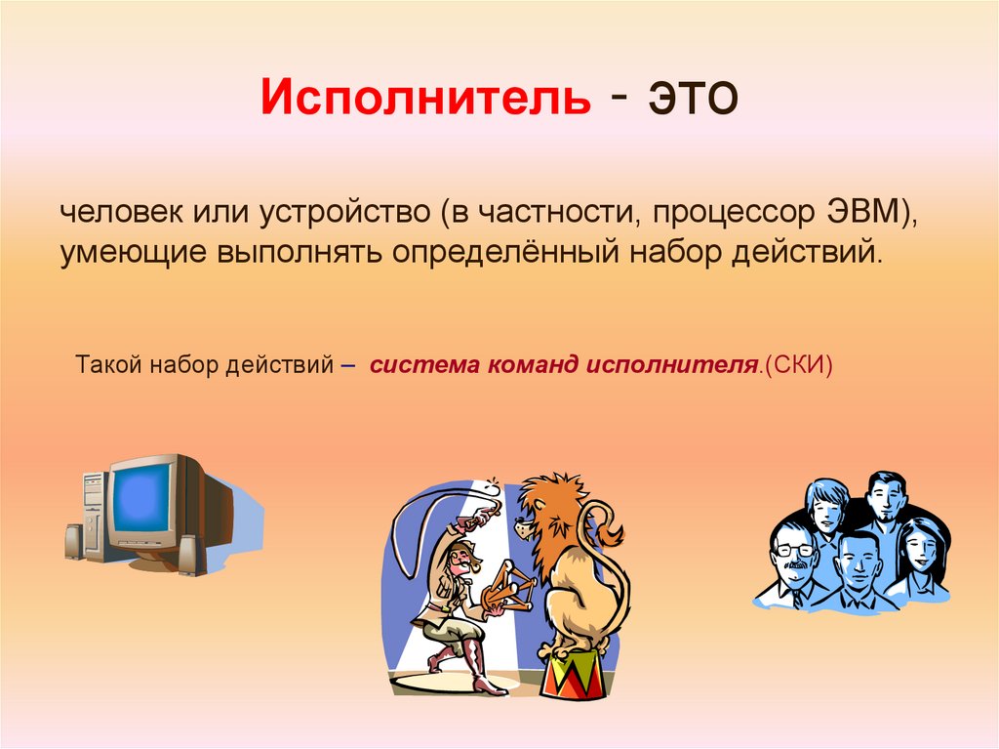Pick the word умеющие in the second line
(x=132, y=253)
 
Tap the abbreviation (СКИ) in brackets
(x=797, y=365)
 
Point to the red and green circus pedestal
(x=576, y=676)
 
